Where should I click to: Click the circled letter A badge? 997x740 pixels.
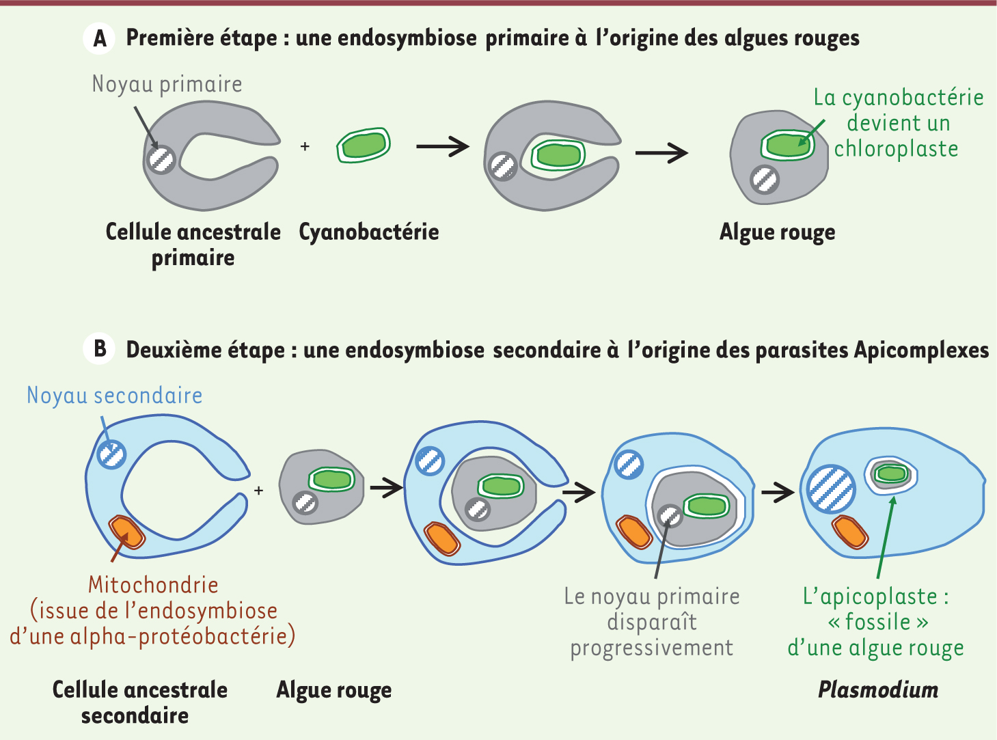coord(99,38)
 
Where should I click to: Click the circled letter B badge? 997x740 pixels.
coord(99,348)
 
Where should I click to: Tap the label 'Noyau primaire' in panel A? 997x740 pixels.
coord(167,85)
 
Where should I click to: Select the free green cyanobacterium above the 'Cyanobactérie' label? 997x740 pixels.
coord(364,146)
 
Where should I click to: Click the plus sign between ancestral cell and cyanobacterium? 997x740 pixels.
coord(305,146)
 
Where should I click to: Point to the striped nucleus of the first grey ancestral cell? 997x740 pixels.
coord(161,160)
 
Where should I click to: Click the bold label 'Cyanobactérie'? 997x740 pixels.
coord(369,232)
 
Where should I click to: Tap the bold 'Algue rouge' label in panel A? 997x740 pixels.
coord(777,232)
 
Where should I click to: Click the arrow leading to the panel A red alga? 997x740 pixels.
coord(661,153)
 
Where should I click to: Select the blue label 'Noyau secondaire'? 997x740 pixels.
coord(115,396)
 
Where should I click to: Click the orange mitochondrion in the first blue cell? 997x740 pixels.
coord(126,532)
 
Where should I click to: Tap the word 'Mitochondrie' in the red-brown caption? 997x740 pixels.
coord(153,584)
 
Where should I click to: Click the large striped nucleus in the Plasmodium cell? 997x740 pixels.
coord(831,489)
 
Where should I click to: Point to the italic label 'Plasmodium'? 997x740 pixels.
coord(878,690)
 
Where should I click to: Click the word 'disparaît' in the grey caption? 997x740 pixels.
coord(652,622)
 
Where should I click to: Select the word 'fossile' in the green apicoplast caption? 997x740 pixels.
coord(877,622)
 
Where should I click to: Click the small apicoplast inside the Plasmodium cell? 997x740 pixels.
coord(891,476)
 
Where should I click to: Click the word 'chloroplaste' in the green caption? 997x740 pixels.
coord(896,150)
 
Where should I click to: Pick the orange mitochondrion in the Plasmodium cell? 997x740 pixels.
coord(850,532)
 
